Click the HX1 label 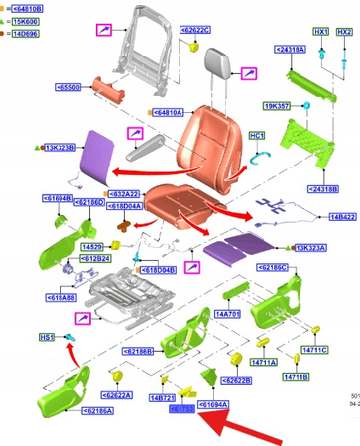pyautogui.click(x=320, y=32)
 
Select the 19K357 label pyautogui.click(x=276, y=105)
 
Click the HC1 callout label pyautogui.click(x=256, y=135)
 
